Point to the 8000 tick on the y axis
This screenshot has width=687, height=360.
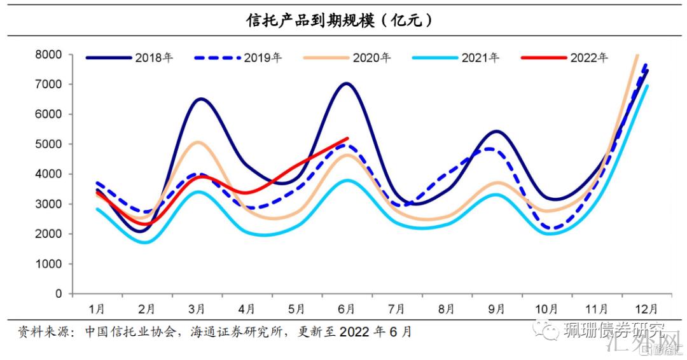(x=49, y=55)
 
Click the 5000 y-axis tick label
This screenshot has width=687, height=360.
(x=49, y=144)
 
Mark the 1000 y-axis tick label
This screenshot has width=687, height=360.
(x=49, y=264)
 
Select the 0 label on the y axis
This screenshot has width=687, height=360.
(x=59, y=294)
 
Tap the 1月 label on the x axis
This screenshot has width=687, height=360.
(x=97, y=310)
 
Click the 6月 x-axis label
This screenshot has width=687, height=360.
(x=347, y=310)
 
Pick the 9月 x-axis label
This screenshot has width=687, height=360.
(x=496, y=310)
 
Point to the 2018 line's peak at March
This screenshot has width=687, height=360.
(x=200, y=99)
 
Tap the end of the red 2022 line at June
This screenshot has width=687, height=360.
(x=347, y=138)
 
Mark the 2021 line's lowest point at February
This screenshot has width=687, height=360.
(x=146, y=242)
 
